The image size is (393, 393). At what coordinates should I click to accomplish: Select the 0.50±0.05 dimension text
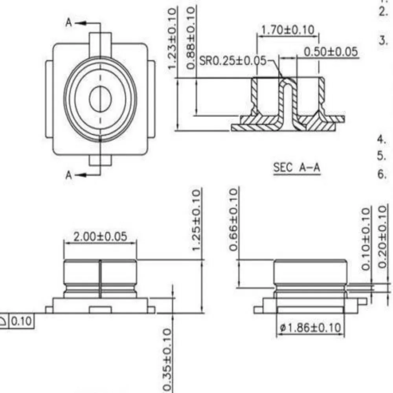coord(331,51)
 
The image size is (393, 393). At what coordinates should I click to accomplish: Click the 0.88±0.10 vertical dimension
coord(191,38)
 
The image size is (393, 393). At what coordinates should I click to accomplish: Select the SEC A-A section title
coord(297,168)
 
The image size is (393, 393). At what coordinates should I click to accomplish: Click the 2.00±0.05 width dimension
coord(101,236)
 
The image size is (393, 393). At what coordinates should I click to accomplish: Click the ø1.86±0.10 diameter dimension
coord(310,327)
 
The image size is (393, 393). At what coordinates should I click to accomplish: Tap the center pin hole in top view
coord(101,98)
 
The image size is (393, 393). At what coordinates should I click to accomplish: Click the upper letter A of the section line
coord(69,23)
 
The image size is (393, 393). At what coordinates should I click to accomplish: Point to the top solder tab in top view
coord(101,39)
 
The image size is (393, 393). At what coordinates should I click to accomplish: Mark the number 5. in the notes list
coord(381,156)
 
